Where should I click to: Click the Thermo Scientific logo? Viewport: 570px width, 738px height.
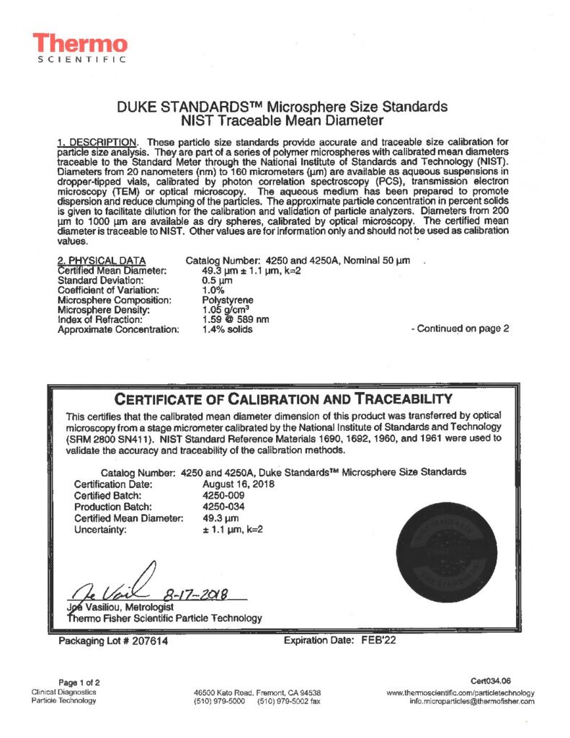80,48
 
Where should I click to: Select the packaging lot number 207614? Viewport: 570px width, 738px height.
148,641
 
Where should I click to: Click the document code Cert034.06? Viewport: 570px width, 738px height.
491,681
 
